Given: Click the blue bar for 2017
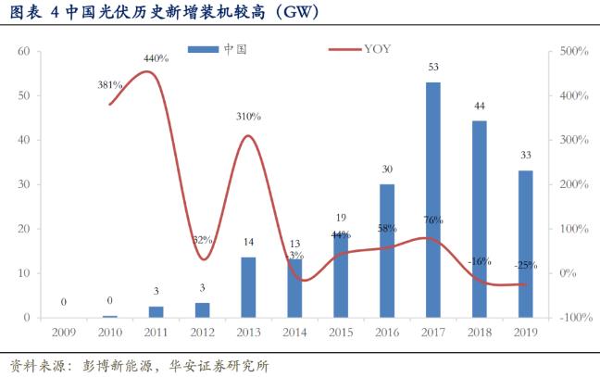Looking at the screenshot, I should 432,199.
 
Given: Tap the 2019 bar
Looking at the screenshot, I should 525,244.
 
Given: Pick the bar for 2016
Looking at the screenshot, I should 386,250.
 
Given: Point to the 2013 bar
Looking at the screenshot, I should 248,286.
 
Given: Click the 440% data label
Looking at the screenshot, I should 156,58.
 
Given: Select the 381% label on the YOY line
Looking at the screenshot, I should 110,84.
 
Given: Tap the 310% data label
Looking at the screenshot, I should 248,117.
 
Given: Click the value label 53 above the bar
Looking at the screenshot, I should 432,67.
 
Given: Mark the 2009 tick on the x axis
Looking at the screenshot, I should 64,333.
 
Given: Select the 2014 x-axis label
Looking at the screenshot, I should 294,333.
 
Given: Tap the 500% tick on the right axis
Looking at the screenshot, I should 576,52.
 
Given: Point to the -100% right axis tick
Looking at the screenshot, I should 576,318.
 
